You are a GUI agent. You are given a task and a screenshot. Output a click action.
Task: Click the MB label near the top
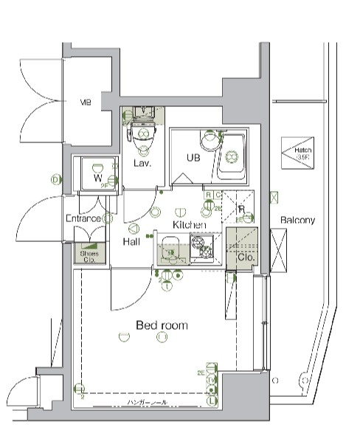[86, 103]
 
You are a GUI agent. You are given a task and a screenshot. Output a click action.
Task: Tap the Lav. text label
[142, 163]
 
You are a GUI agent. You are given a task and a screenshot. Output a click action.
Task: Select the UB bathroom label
[193, 157]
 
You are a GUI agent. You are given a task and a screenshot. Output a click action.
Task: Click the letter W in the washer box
[97, 178]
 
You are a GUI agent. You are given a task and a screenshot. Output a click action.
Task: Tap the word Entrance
[83, 218]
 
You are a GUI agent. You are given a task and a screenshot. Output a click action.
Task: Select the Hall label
[132, 242]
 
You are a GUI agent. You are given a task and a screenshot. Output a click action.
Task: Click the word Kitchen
[189, 224]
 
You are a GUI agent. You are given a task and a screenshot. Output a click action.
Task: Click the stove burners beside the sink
[201, 249]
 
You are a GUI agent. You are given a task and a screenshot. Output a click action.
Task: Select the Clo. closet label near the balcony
[246, 258]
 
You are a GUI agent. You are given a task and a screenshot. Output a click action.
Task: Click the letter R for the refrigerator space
[241, 209]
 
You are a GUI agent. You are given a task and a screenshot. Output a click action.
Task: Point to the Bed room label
[162, 325]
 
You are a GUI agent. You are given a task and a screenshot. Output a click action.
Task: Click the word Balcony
[297, 220]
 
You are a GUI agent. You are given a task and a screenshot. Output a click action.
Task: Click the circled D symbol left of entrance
[55, 179]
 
